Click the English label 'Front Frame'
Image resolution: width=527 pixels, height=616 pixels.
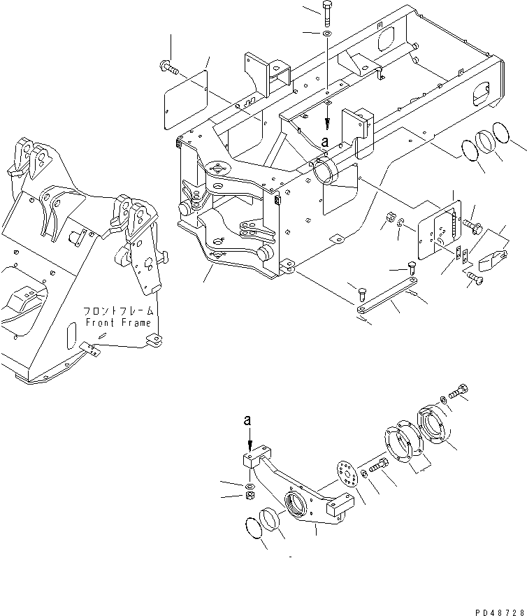coord(118,322)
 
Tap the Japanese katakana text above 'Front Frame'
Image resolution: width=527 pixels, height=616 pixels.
coord(118,310)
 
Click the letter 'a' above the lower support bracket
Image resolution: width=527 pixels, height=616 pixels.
coord(247,420)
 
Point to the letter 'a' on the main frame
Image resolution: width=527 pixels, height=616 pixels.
coord(324,142)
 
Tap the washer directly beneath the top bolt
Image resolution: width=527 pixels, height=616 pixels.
coord(328,33)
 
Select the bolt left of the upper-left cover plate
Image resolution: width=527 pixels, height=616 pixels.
coord(168,66)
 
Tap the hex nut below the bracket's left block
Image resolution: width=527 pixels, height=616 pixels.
coord(249,496)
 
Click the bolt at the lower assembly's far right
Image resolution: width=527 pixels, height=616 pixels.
coord(459,393)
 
